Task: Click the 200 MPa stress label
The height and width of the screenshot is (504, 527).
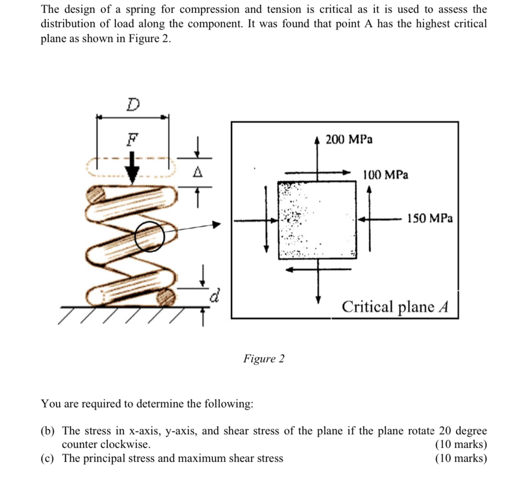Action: [349, 139]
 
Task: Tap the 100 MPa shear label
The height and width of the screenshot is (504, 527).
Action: [386, 174]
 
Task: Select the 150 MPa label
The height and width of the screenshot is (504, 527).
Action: [430, 218]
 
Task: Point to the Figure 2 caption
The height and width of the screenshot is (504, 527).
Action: [264, 359]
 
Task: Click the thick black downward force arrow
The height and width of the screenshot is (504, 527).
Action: [132, 168]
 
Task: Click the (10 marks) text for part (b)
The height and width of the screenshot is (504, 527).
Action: [461, 445]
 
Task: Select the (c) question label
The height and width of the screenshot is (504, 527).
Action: [46, 459]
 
